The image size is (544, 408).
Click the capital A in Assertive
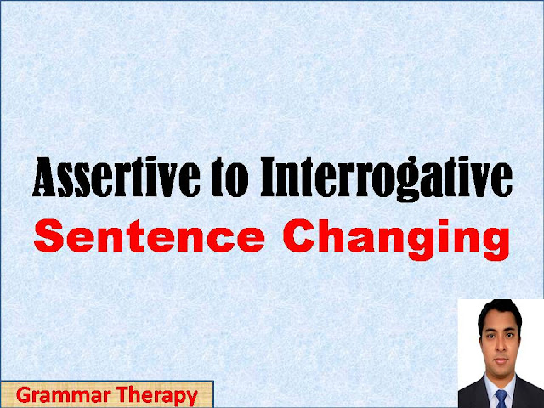coord(44,180)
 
